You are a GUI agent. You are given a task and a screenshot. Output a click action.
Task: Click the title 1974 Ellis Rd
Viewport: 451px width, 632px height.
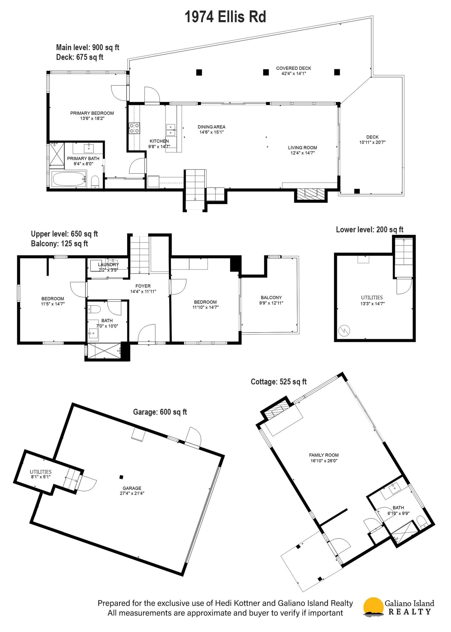point(225,17)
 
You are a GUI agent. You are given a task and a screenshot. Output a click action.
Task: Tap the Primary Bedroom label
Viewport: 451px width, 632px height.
point(92,113)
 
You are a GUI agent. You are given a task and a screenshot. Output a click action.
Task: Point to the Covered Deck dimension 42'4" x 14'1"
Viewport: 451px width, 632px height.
point(294,74)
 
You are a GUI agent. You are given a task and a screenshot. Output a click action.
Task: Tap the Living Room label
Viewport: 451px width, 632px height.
point(302,147)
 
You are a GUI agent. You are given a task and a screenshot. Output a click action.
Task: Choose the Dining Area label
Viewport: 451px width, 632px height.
point(211,127)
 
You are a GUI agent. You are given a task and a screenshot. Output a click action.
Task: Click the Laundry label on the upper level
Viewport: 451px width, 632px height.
point(109,265)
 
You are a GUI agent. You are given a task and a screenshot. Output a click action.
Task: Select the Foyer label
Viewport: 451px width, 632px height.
point(143,286)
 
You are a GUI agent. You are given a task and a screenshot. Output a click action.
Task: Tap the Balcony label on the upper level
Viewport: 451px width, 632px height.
point(271,298)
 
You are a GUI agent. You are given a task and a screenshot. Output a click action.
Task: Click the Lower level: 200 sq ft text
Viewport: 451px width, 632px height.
point(370,230)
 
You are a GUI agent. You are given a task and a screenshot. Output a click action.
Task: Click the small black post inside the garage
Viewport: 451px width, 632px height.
point(121,477)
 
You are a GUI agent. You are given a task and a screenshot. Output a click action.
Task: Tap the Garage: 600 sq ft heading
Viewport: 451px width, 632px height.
point(160,412)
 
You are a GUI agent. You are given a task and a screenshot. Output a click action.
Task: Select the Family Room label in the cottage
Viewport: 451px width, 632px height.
point(324,455)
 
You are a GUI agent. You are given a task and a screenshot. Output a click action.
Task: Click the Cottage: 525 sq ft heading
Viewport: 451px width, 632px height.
point(279,382)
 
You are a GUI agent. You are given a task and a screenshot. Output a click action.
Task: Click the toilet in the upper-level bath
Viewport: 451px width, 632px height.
point(95,309)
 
